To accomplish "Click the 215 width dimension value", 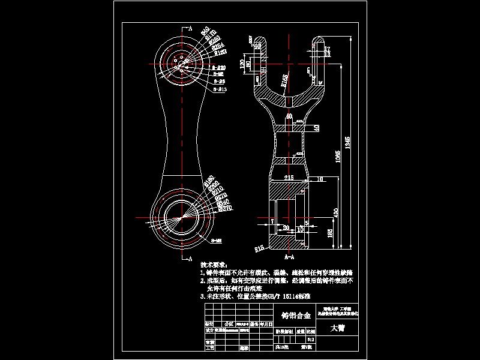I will [x=289, y=178].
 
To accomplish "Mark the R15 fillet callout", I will [x=259, y=247].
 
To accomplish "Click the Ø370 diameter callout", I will [x=226, y=208].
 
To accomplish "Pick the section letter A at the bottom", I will [x=190, y=259].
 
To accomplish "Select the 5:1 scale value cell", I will [x=310, y=338].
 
